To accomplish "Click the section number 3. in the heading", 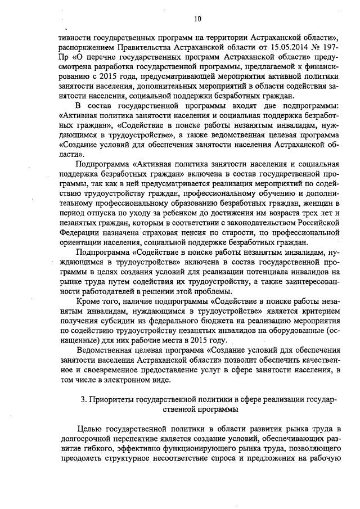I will click(84, 399).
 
